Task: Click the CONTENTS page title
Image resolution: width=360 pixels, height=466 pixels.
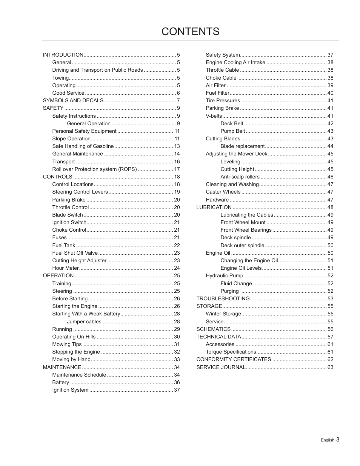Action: (x=190, y=31)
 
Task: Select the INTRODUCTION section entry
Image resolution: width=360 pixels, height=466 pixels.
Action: (x=63, y=55)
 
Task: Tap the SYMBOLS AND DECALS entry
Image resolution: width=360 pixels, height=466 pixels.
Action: (x=73, y=100)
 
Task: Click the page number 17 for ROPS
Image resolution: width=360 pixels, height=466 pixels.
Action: (x=177, y=169)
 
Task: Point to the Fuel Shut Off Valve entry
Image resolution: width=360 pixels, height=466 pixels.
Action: (x=75, y=253)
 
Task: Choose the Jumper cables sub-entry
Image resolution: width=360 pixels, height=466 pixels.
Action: (x=84, y=321)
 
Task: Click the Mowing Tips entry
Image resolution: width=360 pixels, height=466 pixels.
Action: (x=67, y=344)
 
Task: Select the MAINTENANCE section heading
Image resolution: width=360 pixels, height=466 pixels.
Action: (x=62, y=367)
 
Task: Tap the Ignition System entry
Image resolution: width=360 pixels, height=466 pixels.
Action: (x=70, y=390)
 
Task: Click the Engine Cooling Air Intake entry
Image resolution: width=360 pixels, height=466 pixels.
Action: (x=235, y=62)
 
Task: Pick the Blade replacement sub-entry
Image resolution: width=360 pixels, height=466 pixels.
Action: (x=243, y=146)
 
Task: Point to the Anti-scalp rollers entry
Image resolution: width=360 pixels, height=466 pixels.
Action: (x=240, y=177)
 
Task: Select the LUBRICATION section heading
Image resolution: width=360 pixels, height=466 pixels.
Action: (x=214, y=207)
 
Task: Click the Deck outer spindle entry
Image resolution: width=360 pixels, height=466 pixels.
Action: (x=242, y=245)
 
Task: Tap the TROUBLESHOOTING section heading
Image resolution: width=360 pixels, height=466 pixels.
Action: (x=223, y=298)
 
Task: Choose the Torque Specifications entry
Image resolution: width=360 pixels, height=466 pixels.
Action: (x=231, y=352)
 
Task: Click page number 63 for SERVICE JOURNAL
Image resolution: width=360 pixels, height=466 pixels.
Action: (x=331, y=367)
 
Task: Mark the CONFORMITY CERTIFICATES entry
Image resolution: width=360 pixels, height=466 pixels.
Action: (x=234, y=359)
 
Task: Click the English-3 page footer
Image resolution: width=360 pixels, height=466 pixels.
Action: (x=330, y=440)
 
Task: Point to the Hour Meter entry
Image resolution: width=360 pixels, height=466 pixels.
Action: (x=65, y=268)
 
